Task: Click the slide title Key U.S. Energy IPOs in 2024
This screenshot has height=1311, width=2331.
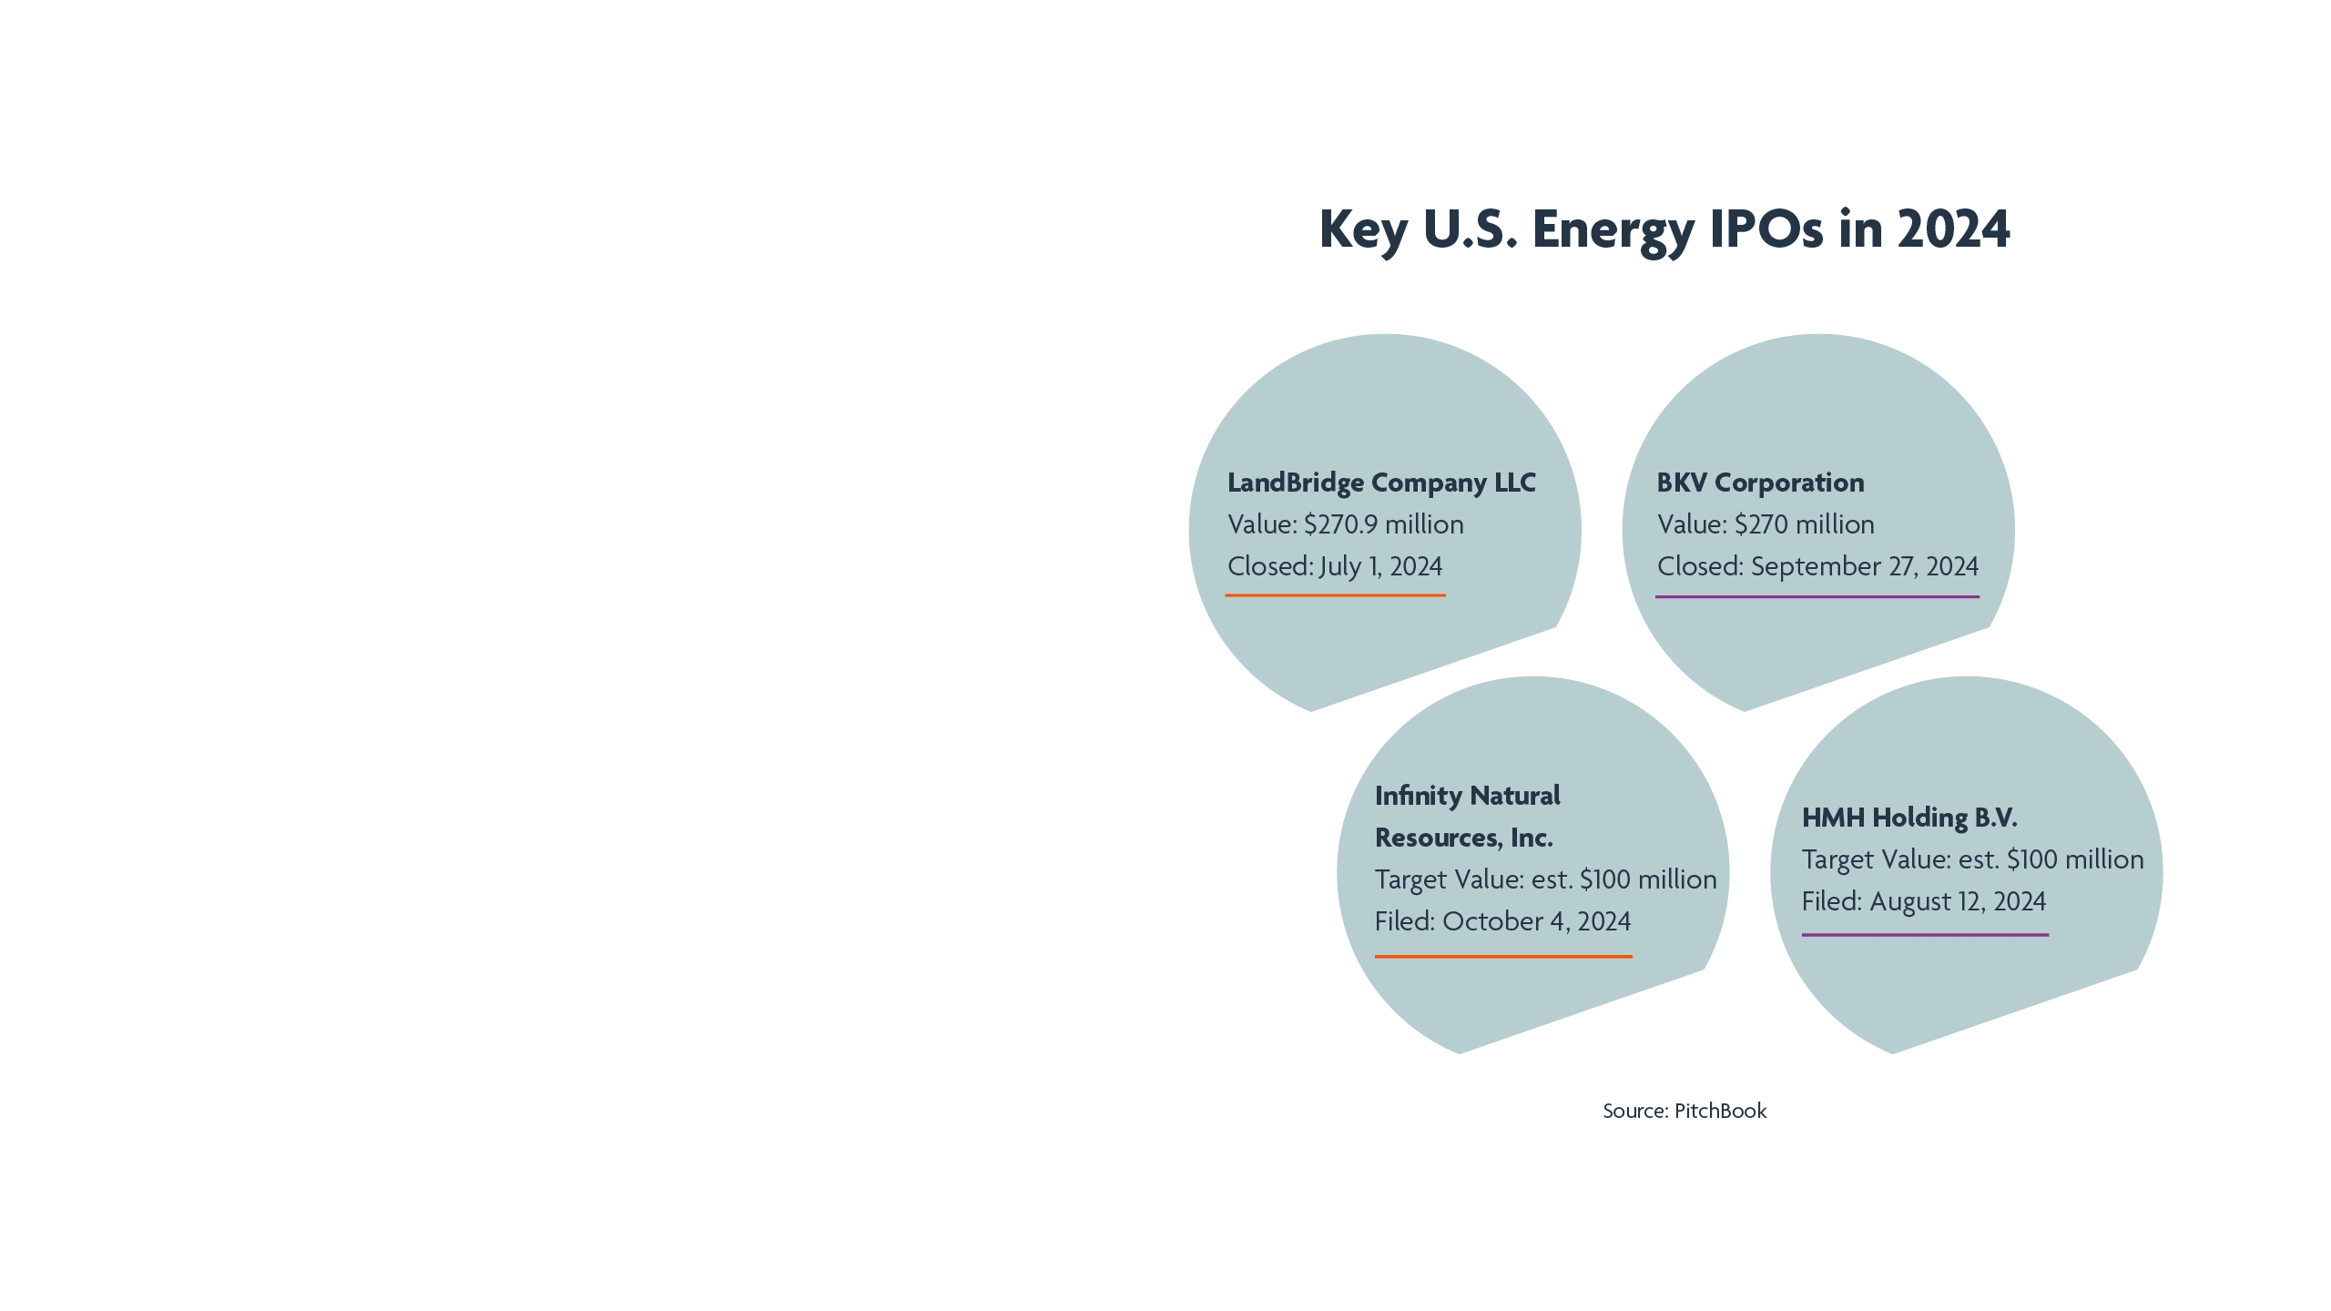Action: tap(1664, 229)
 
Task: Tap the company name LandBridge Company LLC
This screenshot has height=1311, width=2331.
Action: tap(1381, 483)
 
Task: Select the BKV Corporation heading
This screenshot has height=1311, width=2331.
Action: tap(1760, 483)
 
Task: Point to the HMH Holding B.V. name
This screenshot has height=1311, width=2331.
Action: tap(1909, 818)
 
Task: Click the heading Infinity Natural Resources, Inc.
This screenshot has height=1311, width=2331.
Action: tap(1467, 817)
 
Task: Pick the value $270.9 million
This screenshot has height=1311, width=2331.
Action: tap(1384, 524)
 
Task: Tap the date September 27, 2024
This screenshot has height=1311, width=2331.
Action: tap(1864, 566)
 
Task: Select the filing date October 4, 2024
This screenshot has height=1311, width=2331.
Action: tap(1537, 921)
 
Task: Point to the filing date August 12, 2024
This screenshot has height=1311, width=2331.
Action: tap(1958, 901)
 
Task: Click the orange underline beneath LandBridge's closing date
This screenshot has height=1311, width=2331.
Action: tap(1335, 595)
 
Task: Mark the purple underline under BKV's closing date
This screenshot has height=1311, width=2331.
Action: tap(1817, 597)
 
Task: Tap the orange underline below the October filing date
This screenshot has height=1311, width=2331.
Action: tap(1502, 956)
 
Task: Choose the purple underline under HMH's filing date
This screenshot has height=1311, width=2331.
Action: tap(1925, 935)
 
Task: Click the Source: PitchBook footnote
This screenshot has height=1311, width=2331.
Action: tap(1685, 1111)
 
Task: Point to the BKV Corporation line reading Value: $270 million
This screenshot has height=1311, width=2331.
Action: tap(1766, 524)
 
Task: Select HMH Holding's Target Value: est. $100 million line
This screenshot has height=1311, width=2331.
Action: tap(1972, 859)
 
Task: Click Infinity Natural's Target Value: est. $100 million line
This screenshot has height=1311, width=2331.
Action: tap(1545, 879)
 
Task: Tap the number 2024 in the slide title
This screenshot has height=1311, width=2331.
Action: tap(1953, 229)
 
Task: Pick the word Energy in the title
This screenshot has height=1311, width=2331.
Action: tap(1613, 229)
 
